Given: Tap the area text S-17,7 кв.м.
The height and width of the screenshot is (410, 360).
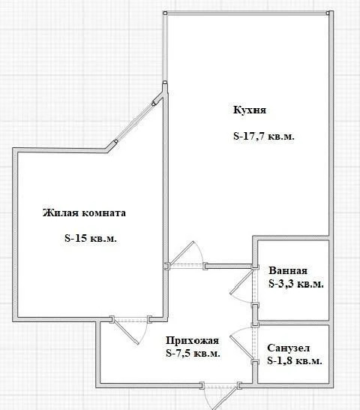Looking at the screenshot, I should coord(263,137).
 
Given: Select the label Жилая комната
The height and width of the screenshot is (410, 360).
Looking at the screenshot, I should coord(84,213).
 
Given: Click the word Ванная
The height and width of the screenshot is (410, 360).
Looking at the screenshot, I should coord(288,271).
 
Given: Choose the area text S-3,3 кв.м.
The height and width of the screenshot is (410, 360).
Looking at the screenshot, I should coord(295,285).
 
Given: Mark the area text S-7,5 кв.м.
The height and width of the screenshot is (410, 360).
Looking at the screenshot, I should coord(193,353).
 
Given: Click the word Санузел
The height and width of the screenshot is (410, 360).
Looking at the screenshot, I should coord(288,348).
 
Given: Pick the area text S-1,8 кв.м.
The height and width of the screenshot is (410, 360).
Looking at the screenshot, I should coord(295,361).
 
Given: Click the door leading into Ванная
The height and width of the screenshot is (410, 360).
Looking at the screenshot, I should coord(244,285).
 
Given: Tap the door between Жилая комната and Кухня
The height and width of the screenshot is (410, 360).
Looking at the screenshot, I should coord(184,259).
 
